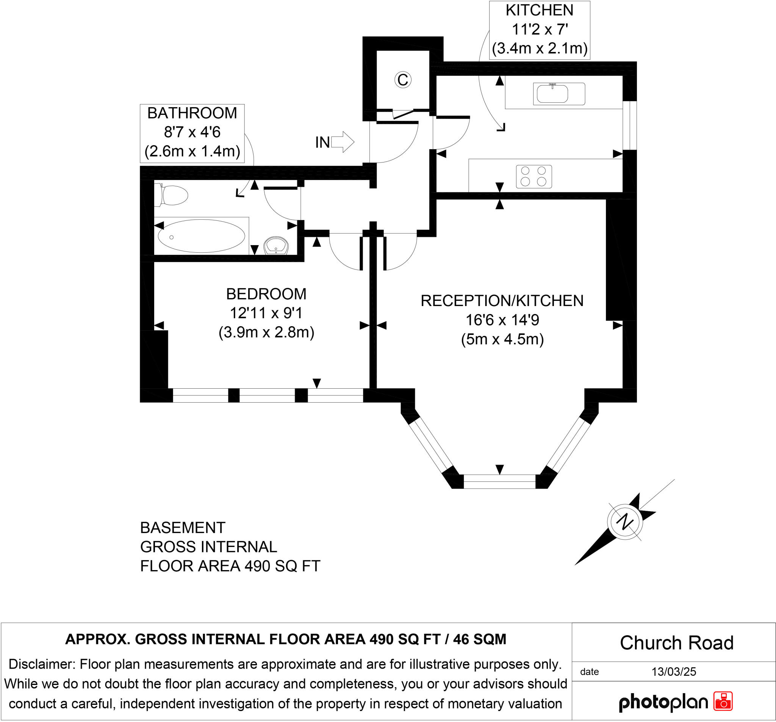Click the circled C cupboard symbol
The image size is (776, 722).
point(402,80)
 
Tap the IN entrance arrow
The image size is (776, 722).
point(342,142)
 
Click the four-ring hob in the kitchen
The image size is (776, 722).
point(533,177)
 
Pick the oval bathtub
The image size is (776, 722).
point(201,236)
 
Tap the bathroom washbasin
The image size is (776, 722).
point(276,246)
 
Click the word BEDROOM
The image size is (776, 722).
point(266,294)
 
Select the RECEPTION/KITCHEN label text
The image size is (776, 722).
point(502,300)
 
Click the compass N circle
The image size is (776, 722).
point(625,522)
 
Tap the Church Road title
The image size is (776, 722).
point(676,643)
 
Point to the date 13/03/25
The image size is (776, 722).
point(673,672)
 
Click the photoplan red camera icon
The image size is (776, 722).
point(723,701)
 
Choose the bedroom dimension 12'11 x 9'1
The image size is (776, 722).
point(266,313)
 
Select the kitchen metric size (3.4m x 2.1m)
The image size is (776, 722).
point(540,48)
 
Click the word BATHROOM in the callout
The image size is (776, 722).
point(192,113)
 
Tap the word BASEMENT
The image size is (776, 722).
point(183,528)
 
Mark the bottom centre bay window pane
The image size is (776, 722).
point(499,481)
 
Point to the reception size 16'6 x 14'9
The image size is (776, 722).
point(502,320)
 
